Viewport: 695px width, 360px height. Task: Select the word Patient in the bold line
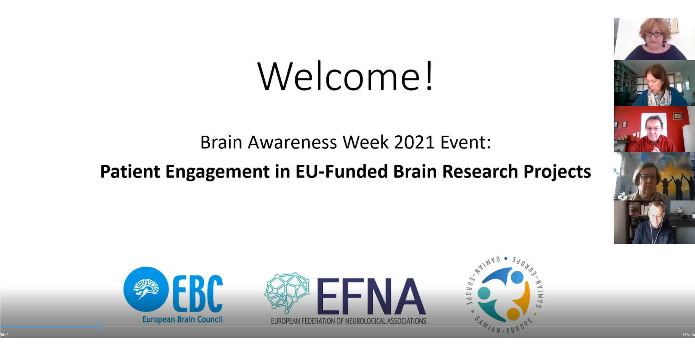point(130,171)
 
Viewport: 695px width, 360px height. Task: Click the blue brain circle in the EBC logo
point(146,290)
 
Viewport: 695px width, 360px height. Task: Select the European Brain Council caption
point(183,319)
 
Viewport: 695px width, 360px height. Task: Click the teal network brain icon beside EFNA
point(287,293)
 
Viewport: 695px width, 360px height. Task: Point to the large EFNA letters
point(371,297)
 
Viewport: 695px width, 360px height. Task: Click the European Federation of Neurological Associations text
point(348,321)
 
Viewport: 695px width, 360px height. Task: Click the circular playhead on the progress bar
point(99,326)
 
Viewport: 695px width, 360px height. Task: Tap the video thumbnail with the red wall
point(654,129)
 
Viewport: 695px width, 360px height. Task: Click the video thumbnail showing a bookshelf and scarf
point(654,83)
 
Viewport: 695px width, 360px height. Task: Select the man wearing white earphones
point(654,222)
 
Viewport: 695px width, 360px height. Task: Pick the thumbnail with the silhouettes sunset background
point(654,176)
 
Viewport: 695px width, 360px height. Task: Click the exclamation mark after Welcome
point(429,75)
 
